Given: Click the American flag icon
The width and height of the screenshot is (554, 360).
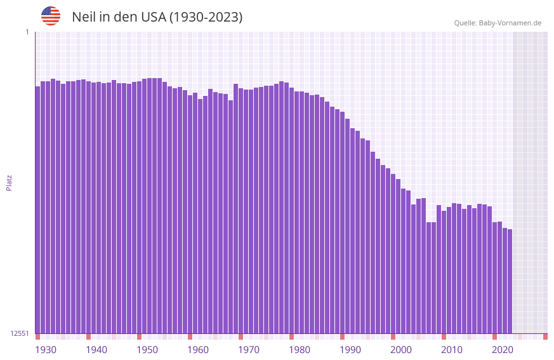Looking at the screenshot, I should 51,16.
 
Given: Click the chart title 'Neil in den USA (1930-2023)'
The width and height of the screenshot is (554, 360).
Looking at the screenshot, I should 157,17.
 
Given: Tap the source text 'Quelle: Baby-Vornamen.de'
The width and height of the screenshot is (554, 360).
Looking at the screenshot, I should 498,23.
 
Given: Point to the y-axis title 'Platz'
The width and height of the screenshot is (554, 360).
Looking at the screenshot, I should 9,182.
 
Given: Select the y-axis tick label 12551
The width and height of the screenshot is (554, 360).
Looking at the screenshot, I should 19,333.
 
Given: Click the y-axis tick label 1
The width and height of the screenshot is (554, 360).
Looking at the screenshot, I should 27,32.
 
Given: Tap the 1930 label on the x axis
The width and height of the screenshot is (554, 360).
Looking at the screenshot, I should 46,349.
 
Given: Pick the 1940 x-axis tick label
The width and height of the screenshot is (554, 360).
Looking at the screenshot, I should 96,349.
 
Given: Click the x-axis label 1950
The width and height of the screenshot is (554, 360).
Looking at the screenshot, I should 147,349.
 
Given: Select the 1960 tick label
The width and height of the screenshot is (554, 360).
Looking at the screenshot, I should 198,349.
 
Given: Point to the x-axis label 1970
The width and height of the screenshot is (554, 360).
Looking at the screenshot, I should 249,349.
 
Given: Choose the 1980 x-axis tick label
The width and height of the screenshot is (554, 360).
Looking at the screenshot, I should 300,349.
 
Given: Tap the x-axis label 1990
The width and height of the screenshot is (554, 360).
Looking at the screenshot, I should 350,349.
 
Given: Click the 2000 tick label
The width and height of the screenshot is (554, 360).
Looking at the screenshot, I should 401,349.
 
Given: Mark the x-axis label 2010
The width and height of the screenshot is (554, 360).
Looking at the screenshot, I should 452,349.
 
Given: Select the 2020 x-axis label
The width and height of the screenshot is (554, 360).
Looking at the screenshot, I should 503,349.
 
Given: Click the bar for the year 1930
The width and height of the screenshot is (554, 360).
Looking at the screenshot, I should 37,210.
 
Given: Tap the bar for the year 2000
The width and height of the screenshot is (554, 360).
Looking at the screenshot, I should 393,254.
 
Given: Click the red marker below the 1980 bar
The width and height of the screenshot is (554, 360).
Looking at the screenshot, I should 291,337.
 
